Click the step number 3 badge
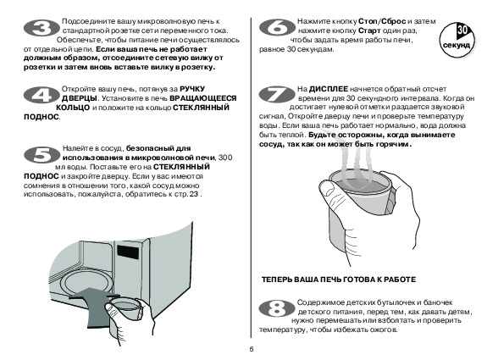(x=42, y=28)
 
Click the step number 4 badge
(x=42, y=95)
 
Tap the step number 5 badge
(x=42, y=155)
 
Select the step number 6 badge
(x=277, y=27)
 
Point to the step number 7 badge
(x=277, y=95)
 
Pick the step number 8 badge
(x=277, y=308)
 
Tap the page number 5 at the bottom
(x=252, y=350)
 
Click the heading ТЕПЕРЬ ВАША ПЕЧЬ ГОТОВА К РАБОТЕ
(x=339, y=280)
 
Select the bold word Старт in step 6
(x=369, y=30)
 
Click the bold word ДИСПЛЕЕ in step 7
(x=329, y=89)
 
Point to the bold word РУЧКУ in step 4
(x=192, y=89)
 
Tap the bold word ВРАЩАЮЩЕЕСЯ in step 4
(x=202, y=98)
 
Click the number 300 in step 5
(x=225, y=158)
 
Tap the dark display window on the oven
(x=128, y=252)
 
